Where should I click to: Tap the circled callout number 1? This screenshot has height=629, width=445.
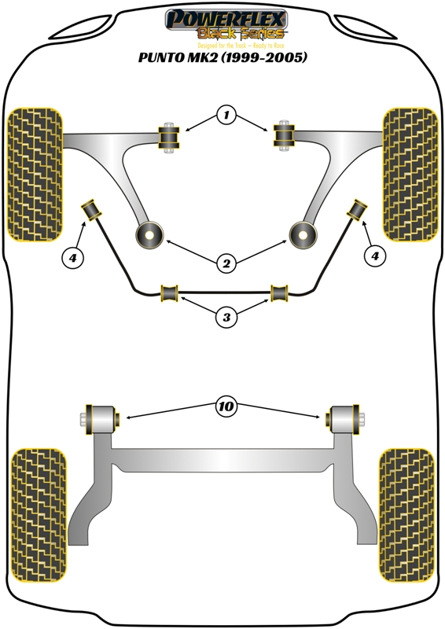point(226,116)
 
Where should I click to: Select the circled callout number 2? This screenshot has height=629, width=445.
point(226,264)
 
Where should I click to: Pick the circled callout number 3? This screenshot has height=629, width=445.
point(226,318)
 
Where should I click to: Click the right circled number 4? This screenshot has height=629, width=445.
point(374,256)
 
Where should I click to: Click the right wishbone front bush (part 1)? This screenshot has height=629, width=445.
point(283,138)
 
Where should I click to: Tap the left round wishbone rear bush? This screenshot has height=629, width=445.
point(149,234)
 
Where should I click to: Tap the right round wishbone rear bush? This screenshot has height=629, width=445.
point(302,234)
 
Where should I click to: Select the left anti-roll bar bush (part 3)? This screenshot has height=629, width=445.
point(170,293)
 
